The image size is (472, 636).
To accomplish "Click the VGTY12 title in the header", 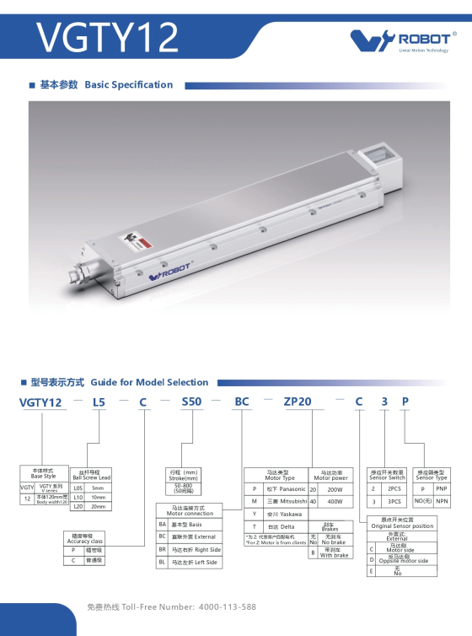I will (x=108, y=38).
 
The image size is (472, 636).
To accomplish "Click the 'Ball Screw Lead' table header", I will (x=91, y=475).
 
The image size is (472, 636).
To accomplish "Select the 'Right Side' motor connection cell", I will (x=196, y=549).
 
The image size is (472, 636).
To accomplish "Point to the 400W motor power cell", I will (x=335, y=501).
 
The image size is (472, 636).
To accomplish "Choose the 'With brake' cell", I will (x=335, y=553).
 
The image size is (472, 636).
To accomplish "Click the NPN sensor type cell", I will (x=442, y=500).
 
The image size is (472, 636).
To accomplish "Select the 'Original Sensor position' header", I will (x=402, y=524).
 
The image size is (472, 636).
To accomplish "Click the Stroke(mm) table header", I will (x=183, y=475).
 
